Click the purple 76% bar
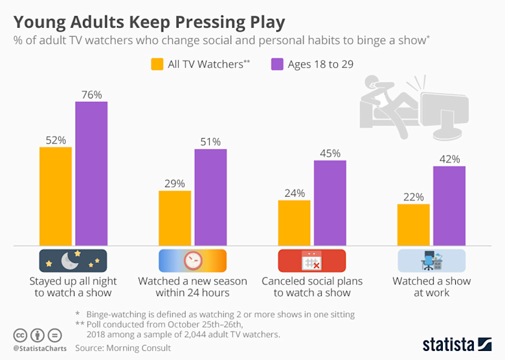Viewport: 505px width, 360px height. [x=91, y=174]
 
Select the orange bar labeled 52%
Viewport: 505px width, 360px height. [x=56, y=196]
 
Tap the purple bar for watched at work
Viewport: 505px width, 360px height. [x=449, y=206]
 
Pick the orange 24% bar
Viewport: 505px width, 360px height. [x=295, y=223]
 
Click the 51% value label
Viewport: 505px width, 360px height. [x=210, y=142]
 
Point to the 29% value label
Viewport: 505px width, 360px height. [x=175, y=183]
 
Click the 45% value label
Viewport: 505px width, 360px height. [x=330, y=153]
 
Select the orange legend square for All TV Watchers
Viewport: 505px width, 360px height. [x=157, y=64]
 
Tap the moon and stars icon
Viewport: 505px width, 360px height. [x=73, y=260]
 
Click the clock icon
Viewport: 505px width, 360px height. [x=192, y=260]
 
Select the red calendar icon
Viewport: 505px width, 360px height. [x=311, y=260]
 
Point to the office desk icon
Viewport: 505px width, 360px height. [x=431, y=260]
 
